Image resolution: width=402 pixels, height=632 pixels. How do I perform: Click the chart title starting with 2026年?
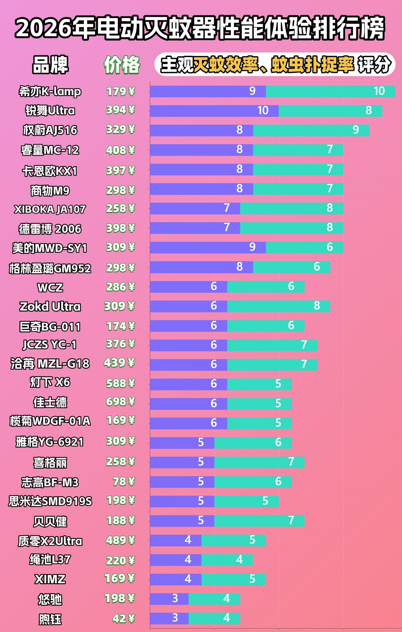200,28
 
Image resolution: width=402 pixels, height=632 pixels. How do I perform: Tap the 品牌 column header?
50,65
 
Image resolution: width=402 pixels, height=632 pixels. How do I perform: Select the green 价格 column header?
122,65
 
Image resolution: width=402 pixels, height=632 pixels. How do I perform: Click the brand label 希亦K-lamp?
50,91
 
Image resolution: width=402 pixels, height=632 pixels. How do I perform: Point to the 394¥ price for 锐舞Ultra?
121,110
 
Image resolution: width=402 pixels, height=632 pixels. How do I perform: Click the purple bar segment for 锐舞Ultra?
214,111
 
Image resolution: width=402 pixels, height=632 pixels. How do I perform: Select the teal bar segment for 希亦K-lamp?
331,91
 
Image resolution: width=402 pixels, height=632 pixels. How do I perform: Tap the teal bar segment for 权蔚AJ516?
311,130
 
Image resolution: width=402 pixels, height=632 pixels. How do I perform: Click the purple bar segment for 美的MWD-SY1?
208,247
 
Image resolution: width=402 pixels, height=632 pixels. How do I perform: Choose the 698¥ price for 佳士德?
121,402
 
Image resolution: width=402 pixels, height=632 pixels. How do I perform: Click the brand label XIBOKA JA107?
50,209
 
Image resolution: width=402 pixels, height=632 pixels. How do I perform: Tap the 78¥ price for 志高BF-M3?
124,482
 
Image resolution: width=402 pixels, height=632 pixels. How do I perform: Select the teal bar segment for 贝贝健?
260,521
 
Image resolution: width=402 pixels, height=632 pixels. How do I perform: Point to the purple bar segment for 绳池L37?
176,560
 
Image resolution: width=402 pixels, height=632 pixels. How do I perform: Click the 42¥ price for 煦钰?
124,619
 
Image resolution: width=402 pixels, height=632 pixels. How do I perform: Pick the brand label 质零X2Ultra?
50,541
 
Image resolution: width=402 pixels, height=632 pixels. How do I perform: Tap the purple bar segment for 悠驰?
170,599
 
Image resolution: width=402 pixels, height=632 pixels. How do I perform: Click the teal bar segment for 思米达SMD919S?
247,501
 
